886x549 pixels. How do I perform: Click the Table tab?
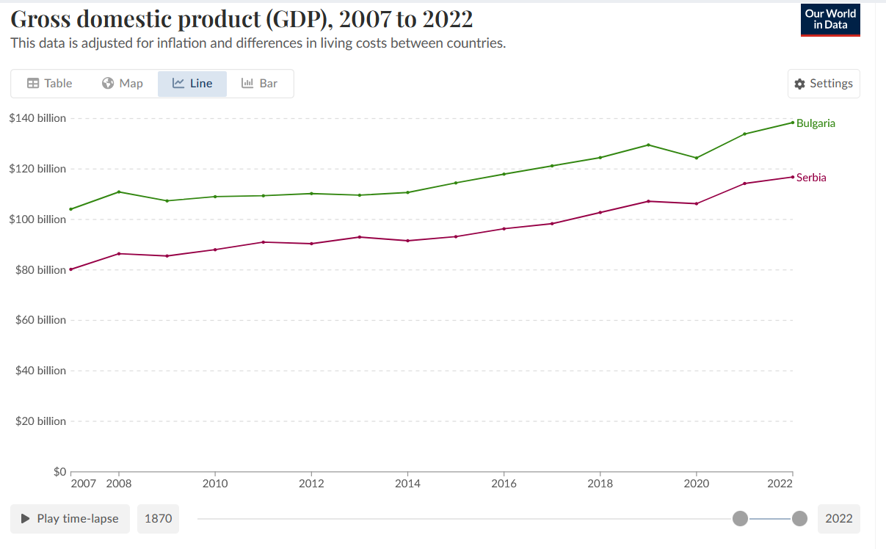click(x=50, y=84)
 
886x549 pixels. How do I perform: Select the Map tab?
click(x=122, y=84)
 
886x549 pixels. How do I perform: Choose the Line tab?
click(x=192, y=84)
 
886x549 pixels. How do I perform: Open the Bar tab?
click(x=260, y=84)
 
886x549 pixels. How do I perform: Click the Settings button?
click(x=824, y=84)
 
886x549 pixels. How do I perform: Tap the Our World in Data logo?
click(x=830, y=20)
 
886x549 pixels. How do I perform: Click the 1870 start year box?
click(x=158, y=519)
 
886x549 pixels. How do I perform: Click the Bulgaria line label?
click(x=816, y=123)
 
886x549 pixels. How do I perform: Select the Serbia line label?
click(x=811, y=178)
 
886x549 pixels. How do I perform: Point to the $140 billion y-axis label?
click(x=37, y=118)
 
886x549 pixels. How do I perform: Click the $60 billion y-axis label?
click(x=40, y=320)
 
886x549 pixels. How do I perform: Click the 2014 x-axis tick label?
click(x=407, y=484)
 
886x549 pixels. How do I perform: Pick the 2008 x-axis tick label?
click(x=119, y=484)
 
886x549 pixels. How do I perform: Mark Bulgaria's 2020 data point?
click(x=697, y=158)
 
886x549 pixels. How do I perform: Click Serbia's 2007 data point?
click(x=71, y=269)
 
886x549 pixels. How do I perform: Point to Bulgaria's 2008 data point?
click(x=119, y=192)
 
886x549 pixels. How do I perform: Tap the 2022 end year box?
click(x=838, y=519)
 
